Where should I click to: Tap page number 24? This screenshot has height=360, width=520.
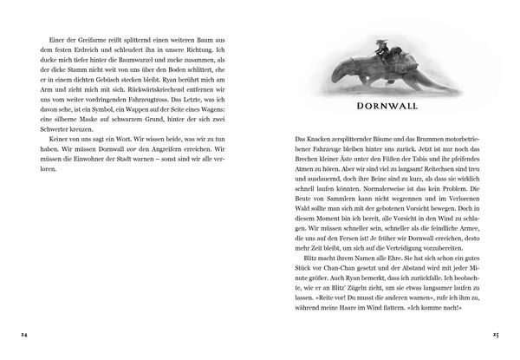point(24,332)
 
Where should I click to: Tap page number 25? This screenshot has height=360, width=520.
point(496,332)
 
